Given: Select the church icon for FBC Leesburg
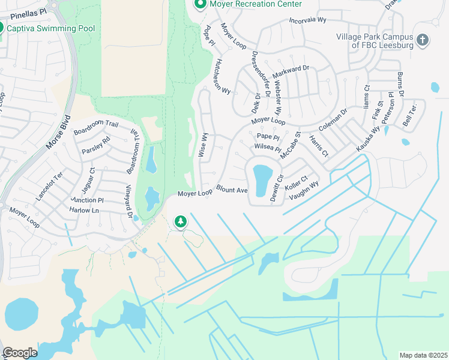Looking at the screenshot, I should (423, 40).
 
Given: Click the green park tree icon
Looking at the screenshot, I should (180, 222).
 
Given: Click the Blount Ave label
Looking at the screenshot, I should (232, 190).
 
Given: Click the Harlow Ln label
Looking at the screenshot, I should (84, 211).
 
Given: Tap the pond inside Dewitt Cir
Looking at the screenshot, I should (262, 180).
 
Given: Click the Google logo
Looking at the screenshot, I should (20, 353).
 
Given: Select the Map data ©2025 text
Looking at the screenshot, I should (423, 355).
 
